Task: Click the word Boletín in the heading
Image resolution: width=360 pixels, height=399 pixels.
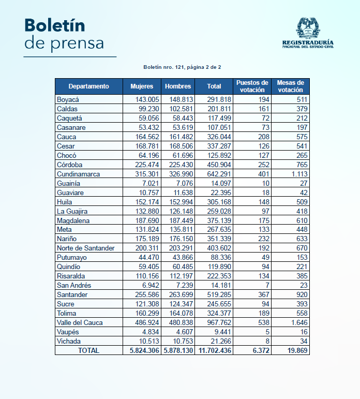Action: (x=55, y=25)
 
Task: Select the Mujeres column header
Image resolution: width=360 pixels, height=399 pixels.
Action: (x=142, y=86)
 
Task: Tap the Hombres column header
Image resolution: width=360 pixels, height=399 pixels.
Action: (x=178, y=86)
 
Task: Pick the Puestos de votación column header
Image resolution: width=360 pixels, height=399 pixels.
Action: (x=252, y=86)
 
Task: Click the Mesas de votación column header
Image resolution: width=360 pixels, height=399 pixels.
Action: (x=290, y=86)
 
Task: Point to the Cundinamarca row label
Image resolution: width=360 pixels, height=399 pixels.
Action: (x=78, y=174)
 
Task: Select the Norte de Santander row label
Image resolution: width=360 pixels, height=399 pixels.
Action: (x=86, y=248)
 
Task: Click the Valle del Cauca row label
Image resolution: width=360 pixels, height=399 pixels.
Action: (x=80, y=322)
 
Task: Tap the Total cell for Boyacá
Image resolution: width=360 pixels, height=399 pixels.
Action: (x=219, y=99)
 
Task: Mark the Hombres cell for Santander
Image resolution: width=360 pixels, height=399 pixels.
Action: (x=181, y=294)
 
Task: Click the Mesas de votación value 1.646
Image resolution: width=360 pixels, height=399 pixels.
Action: (x=299, y=322)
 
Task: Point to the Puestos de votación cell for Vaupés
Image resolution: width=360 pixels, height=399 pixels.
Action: (x=267, y=332)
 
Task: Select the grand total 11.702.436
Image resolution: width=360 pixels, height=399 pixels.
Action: (x=215, y=351)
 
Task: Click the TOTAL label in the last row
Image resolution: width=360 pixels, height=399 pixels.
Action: (x=88, y=351)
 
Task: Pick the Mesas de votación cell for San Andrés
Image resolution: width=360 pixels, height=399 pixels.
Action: (x=304, y=286)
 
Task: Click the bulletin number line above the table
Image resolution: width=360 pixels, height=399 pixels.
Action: (x=182, y=67)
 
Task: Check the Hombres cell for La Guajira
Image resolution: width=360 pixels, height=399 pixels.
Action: (x=182, y=212)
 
